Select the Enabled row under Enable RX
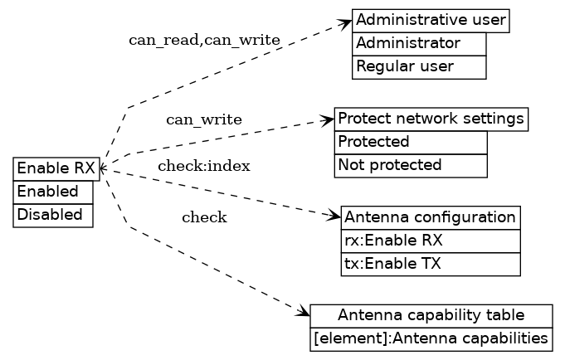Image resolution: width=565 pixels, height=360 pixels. pos(53,192)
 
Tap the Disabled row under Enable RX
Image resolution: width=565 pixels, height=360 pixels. pos(53,215)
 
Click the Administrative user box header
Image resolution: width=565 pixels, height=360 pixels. pos(430,21)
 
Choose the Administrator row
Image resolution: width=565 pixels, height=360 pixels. pos(419,44)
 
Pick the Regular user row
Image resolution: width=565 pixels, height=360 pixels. pos(419,66)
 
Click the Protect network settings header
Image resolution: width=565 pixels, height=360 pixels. pos(431,119)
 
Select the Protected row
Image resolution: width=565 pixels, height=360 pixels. pos(410,142)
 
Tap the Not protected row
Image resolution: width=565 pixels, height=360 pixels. pos(410,165)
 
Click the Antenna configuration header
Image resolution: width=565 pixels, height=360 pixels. pos(430,217)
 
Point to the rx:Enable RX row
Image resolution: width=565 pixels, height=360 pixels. pos(430,241)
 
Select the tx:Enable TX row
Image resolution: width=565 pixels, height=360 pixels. pos(430,265)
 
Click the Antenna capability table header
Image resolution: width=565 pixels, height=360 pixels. pos(431,315)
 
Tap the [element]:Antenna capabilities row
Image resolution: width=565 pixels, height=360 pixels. pos(431,338)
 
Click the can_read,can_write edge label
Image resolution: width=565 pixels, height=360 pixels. pos(204,41)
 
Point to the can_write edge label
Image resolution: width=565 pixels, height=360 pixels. pos(204,120)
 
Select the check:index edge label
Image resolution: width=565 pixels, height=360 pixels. pos(204,166)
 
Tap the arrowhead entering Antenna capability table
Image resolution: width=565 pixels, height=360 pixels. pos(304,313)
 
